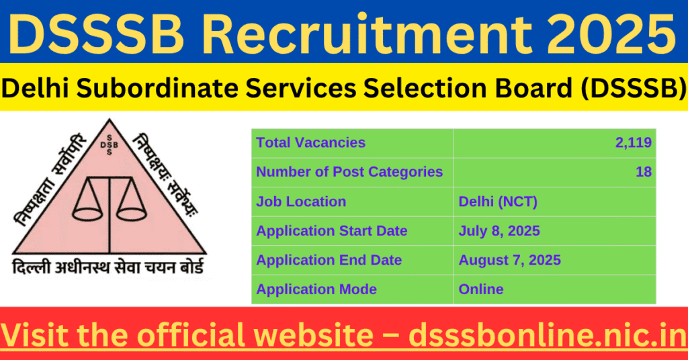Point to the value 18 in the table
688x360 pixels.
click(643, 172)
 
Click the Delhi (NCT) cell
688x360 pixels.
click(498, 201)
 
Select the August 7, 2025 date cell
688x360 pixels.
click(510, 260)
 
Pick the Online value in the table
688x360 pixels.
click(481, 289)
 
